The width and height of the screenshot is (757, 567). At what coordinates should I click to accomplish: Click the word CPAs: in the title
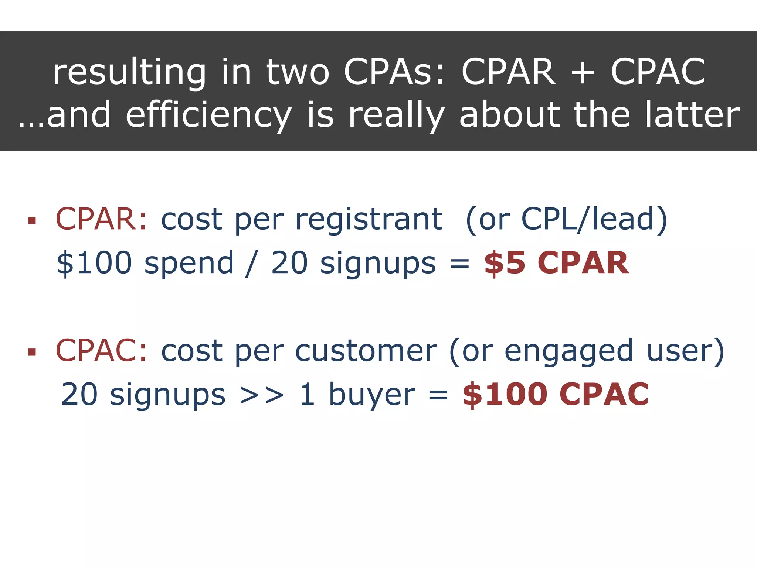[394, 72]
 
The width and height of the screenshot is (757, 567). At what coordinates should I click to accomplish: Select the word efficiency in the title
[209, 116]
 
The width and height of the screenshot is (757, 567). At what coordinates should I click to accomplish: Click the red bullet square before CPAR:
[32, 221]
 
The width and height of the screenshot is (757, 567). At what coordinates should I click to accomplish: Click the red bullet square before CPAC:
[32, 352]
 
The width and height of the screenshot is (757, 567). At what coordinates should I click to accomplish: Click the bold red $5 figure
[505, 263]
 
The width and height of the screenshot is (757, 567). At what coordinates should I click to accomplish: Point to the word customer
[366, 351]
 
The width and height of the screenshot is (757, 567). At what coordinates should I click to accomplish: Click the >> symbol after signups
[262, 395]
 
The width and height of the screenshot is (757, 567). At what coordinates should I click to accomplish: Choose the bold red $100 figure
[505, 394]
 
